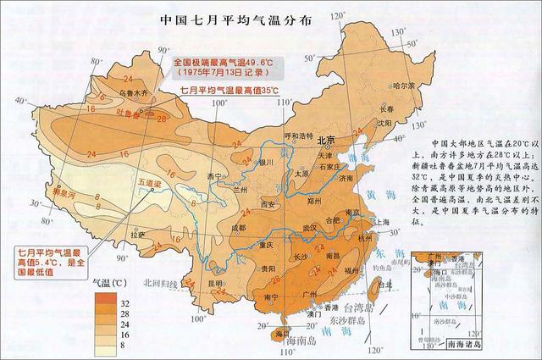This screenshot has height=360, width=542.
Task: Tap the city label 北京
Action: (x=325, y=139)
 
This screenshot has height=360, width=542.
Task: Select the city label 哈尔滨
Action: (x=404, y=86)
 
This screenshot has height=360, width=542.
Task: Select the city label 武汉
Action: (x=312, y=227)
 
